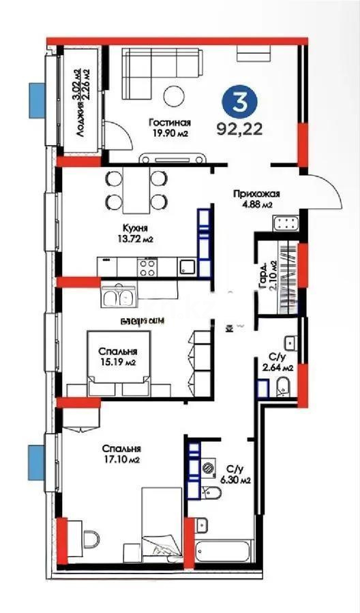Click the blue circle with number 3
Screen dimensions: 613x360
(x=239, y=104)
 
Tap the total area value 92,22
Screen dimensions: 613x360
(x=239, y=127)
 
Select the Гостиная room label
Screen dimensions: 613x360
(x=168, y=123)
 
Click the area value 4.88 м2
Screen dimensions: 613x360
(x=257, y=204)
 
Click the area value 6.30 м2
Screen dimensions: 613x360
(x=235, y=480)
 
